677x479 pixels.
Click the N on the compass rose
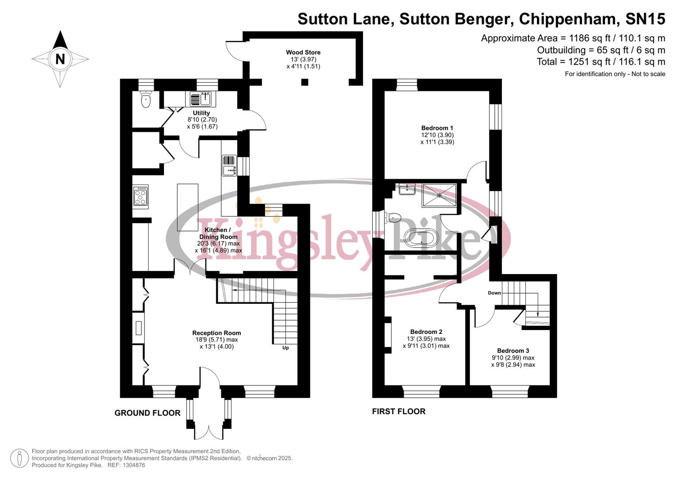point(60,59)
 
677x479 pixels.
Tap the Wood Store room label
point(303,52)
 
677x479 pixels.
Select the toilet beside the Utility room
point(145,100)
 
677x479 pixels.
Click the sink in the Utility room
point(202,98)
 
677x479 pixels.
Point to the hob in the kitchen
point(141,196)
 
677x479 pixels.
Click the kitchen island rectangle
point(188,207)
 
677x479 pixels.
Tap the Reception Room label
point(216,333)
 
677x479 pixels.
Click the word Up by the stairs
point(286,348)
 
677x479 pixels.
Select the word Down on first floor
point(494,293)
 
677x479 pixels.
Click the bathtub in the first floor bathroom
point(421,238)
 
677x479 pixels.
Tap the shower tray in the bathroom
point(439,195)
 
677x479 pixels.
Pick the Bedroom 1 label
point(437,128)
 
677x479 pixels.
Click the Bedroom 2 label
point(426,332)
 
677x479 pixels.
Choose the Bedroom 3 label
point(513,350)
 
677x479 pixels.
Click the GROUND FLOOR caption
point(147,413)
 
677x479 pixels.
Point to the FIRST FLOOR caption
point(399,411)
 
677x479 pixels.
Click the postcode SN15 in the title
point(645,19)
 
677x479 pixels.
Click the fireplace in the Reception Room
point(139,328)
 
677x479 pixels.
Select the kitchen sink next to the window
point(229,165)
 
